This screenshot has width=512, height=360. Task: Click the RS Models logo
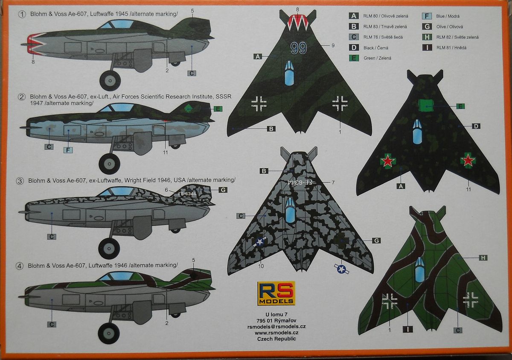tap(276, 293)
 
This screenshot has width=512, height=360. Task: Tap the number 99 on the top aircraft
tap(299, 48)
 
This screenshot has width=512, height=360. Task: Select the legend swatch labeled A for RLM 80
tap(354, 16)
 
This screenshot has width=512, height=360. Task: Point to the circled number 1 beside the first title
tap(22, 15)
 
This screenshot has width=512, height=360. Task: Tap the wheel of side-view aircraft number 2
tap(109, 163)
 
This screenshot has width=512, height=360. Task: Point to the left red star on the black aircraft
tap(388, 161)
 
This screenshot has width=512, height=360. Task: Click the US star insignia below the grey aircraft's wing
tap(341, 269)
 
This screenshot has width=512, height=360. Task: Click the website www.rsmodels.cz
tap(276, 332)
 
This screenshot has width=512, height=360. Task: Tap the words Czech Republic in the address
tap(276, 339)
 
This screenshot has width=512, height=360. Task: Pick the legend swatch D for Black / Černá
tap(354, 47)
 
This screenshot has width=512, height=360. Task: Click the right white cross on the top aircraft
tap(340, 102)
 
